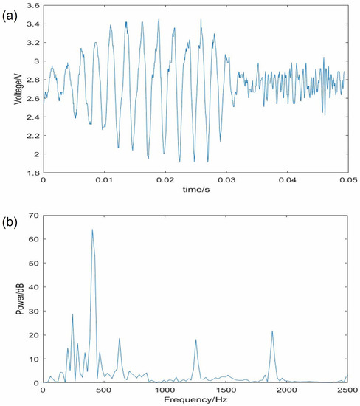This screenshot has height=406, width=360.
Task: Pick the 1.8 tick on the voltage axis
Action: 30,173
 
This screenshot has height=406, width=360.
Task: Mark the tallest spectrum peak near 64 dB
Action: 92,230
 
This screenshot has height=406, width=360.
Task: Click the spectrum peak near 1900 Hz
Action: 271,331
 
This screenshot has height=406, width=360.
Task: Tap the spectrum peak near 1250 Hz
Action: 195,340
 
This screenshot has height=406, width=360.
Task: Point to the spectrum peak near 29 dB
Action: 72,314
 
